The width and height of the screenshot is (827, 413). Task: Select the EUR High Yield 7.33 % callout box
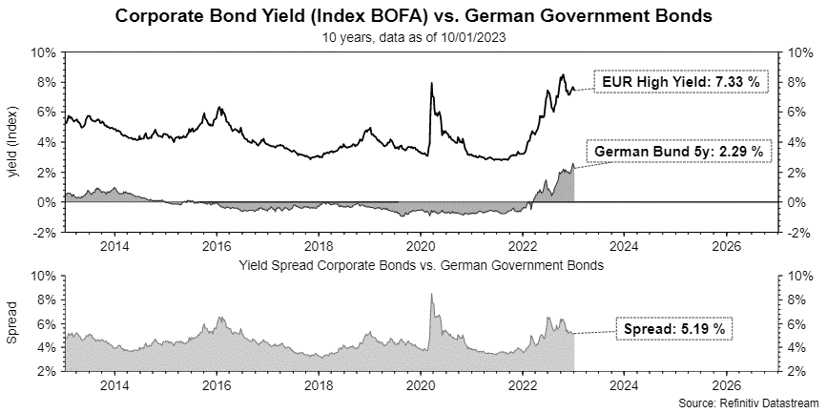pyautogui.click(x=681, y=82)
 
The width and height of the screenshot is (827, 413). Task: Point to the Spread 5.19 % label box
pyautogui.click(x=675, y=329)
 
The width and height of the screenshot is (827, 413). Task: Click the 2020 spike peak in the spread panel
pyautogui.click(x=432, y=295)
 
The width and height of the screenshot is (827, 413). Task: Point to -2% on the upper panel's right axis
pyautogui.click(x=798, y=232)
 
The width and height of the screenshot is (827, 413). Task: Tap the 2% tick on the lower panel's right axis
pyautogui.click(x=796, y=372)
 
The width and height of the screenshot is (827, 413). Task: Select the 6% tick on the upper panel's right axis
pyautogui.click(x=796, y=113)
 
